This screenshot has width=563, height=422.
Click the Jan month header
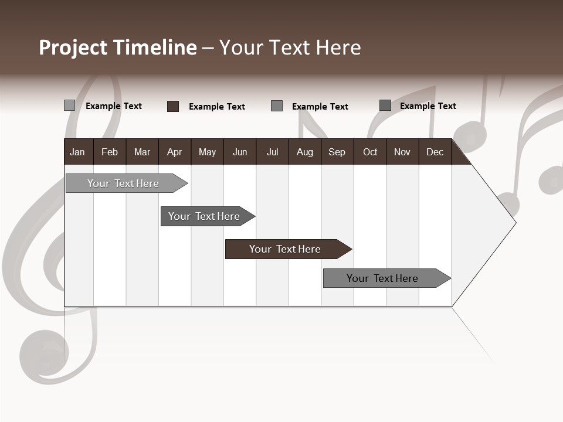coord(77,152)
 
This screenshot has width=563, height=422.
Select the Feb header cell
coord(110,152)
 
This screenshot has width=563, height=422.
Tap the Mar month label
coord(142,152)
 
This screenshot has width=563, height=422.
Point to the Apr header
coord(174,152)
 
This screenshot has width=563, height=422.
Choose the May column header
coord(207,152)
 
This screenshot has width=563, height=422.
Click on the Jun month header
coord(240,152)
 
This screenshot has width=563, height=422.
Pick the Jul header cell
coord(272,152)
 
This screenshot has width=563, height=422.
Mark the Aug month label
coord(305,152)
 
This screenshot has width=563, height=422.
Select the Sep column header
coord(337,152)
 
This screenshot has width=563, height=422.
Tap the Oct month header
coord(370,152)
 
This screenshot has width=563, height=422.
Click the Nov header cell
coord(402,152)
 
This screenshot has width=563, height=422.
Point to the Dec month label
coord(435,152)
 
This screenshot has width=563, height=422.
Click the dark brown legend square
coord(173,106)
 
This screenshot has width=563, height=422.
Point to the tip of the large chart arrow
coord(515,222)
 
